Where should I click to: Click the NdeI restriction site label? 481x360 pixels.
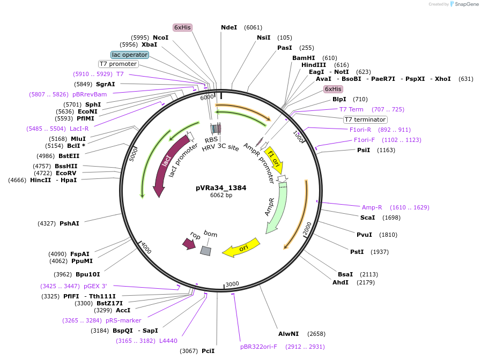pos(229,27)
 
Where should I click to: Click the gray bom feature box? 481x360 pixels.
pos(205,251)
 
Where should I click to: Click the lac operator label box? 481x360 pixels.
pos(129,55)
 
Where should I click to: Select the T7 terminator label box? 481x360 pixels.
pos(365,119)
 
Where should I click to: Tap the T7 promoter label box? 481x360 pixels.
pos(119,64)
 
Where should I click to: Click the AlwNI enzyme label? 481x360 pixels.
pos(288,334)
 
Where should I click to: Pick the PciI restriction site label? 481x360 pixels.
pos(208,351)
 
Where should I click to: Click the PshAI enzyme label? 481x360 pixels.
pos(69,223)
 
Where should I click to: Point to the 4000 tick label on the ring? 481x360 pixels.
pos(146,248)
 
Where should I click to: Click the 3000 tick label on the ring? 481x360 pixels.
pos(232,284)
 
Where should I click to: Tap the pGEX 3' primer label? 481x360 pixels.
pos(95,286)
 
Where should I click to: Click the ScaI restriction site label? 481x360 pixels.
pos(367,217)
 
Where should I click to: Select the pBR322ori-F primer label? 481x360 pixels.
pos(258,347)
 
